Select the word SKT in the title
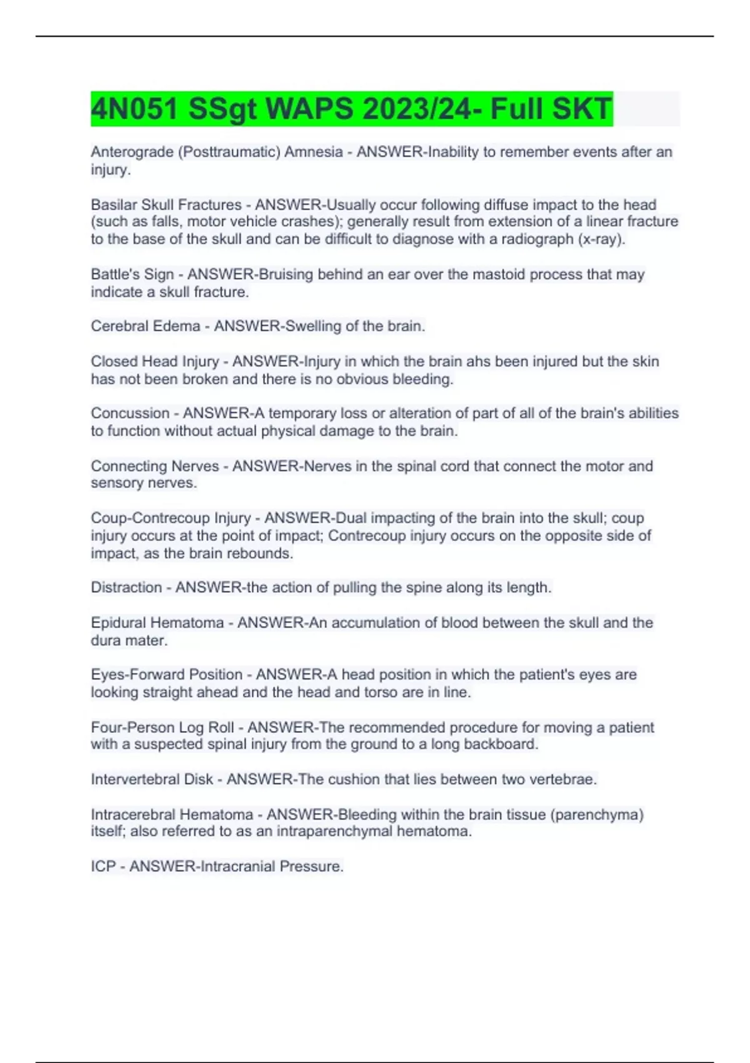click(x=581, y=109)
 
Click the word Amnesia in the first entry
click(x=313, y=152)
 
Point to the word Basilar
click(x=113, y=204)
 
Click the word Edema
click(x=179, y=326)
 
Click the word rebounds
click(x=260, y=553)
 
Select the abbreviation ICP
click(x=103, y=867)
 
